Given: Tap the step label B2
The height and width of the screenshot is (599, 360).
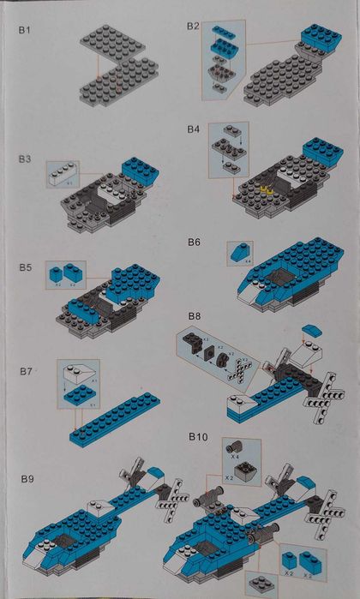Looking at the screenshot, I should [x=193, y=27].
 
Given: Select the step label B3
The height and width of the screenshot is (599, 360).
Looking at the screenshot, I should [x=26, y=159].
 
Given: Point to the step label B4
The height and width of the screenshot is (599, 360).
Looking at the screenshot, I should [x=193, y=129].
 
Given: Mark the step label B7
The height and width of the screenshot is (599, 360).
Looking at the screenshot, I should [x=26, y=371].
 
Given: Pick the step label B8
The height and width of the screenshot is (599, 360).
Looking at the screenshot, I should [x=194, y=316].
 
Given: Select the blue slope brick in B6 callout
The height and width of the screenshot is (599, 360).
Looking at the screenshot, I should [x=236, y=252].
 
